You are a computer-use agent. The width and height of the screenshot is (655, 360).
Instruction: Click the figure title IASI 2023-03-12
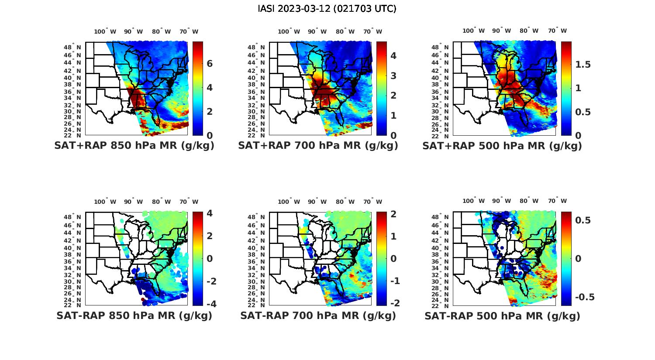327,9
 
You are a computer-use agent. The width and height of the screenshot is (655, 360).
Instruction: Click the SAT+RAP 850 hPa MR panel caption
134,146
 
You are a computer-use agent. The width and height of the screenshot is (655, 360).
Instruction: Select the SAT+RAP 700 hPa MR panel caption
318,146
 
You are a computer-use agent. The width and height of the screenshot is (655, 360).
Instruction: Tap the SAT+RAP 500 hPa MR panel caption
502,146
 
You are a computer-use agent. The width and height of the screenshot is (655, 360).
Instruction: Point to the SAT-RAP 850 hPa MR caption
134,315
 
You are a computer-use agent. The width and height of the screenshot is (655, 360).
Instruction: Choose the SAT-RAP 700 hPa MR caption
318,315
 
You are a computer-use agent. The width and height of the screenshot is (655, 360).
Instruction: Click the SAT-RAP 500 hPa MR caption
502,315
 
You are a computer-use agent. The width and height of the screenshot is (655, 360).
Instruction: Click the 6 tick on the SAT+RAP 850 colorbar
210,64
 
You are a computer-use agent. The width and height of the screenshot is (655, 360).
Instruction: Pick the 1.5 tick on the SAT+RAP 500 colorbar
583,65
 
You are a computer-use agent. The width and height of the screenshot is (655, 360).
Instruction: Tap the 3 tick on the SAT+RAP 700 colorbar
393,75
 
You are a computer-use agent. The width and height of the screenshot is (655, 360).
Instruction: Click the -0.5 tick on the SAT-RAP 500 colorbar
584,297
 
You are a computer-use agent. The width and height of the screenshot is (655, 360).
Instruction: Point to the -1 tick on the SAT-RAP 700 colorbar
393,281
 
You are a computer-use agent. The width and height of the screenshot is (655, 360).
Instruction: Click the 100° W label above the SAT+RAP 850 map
105,31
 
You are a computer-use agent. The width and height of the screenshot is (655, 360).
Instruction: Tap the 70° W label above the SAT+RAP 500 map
558,31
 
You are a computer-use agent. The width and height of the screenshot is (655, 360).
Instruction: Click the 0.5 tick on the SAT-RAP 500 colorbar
583,220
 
